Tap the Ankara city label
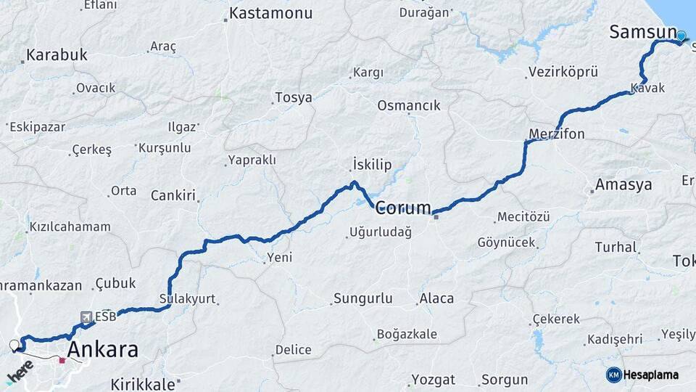pos(102,350)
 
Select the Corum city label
pos(403,208)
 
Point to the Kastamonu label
pos(270,13)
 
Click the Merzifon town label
pos(557,134)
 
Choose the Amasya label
pos(623,185)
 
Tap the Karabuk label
pos(57,54)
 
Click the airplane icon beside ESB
pos(86,317)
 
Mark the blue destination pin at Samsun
pos(681,35)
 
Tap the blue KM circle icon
pos(614,375)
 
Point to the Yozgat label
pos(433,380)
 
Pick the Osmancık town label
pos(408,105)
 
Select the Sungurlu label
pos(362,298)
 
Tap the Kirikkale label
pos(143,383)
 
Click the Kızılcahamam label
pos(70,226)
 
